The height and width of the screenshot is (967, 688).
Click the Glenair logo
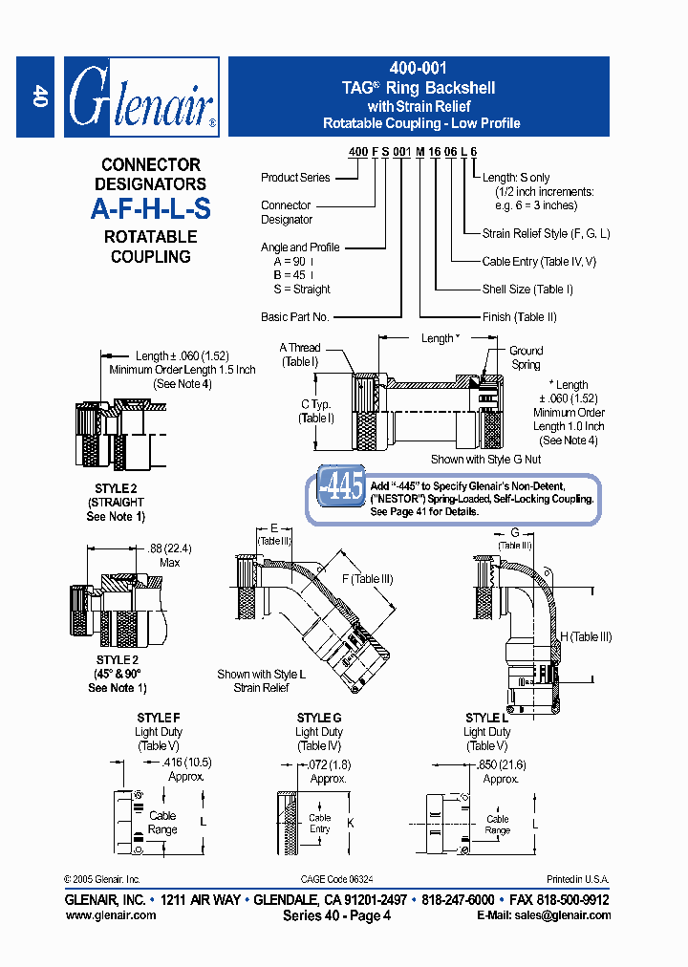pyautogui.click(x=142, y=97)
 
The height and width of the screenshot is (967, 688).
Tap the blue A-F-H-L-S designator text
pyautogui.click(x=151, y=208)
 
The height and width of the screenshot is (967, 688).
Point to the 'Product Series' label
pyautogui.click(x=295, y=178)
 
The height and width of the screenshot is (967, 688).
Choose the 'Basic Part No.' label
pyautogui.click(x=294, y=317)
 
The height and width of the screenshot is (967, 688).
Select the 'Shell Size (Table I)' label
pyautogui.click(x=527, y=290)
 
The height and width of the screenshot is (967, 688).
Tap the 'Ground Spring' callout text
pyautogui.click(x=526, y=357)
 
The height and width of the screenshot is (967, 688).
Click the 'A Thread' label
pyautogui.click(x=300, y=348)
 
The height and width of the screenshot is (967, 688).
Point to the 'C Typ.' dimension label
pyautogui.click(x=314, y=405)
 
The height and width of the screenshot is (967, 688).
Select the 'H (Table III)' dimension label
pyautogui.click(x=586, y=637)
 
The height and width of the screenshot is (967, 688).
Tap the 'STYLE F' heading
pyautogui.click(x=158, y=718)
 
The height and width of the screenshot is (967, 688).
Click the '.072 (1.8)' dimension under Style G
pyautogui.click(x=328, y=764)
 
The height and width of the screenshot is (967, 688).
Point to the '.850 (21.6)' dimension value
pyautogui.click(x=501, y=764)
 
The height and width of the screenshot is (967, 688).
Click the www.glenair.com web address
pyautogui.click(x=111, y=915)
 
